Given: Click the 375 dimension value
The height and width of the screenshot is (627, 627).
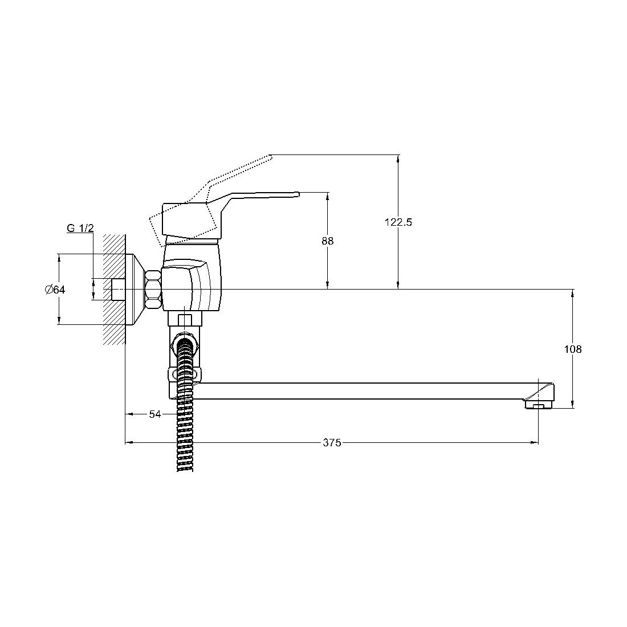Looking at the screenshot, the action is (332, 443).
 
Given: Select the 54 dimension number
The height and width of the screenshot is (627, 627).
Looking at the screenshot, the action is (154, 414).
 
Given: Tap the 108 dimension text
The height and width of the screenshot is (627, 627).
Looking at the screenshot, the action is (573, 349).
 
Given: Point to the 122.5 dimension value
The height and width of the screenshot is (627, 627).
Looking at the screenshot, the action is (398, 222).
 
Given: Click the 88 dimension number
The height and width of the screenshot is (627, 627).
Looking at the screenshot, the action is (328, 241).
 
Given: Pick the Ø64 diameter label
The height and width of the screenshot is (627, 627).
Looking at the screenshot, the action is (55, 290).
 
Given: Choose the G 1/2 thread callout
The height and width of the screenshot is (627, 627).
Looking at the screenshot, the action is (80, 229).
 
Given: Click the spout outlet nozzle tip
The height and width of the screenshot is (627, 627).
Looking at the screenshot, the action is (538, 406).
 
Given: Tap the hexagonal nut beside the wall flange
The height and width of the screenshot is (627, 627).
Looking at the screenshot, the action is (153, 289).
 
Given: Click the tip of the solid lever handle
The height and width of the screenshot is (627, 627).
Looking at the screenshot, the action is (298, 194).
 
